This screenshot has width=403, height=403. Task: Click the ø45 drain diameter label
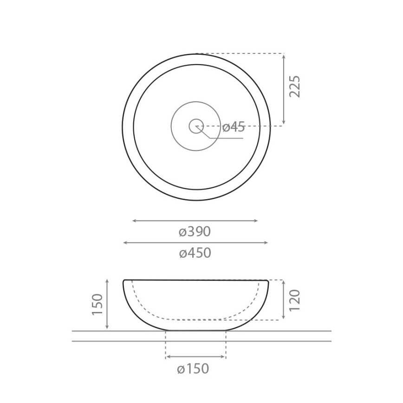(x=234, y=127)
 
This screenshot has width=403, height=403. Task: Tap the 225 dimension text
(x=295, y=86)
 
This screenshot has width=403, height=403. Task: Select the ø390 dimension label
(x=195, y=232)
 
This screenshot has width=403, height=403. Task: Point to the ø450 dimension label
(x=195, y=253)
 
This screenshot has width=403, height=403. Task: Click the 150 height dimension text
(x=97, y=304)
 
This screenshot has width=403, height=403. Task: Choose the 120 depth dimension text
(x=295, y=300)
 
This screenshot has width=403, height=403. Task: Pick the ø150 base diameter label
(x=193, y=369)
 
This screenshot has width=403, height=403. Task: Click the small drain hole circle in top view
(x=195, y=126)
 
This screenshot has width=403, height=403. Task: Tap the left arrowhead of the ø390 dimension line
(x=134, y=221)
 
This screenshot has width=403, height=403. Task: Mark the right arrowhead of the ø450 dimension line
(x=266, y=242)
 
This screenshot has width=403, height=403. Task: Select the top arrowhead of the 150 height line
(x=107, y=281)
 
